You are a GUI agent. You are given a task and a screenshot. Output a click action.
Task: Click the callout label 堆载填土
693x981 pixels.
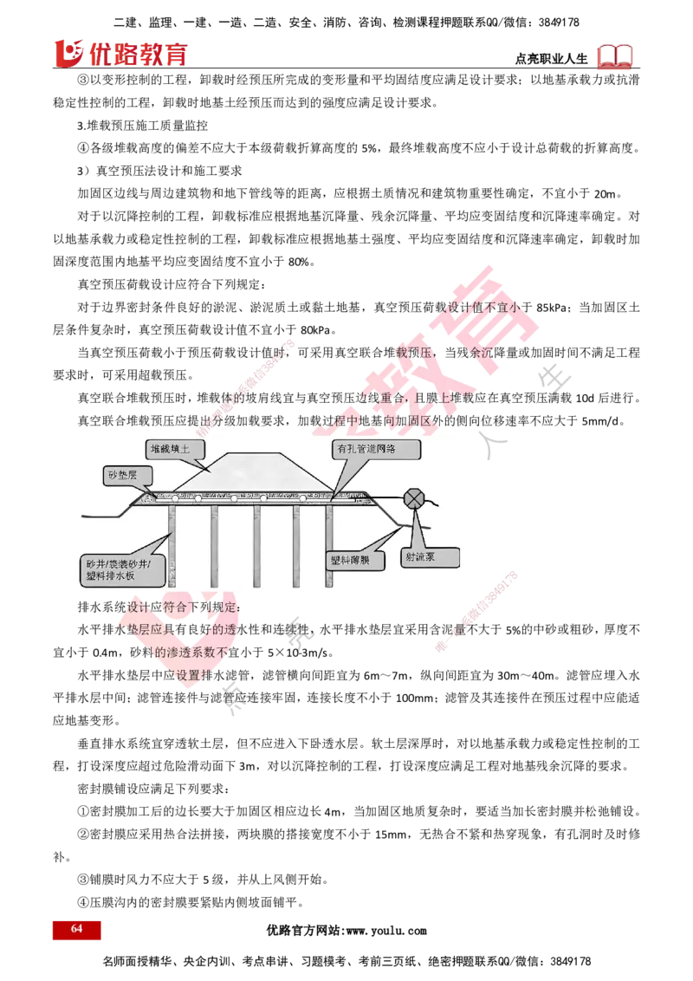176,449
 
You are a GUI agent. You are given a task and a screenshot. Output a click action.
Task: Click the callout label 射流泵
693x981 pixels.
430,558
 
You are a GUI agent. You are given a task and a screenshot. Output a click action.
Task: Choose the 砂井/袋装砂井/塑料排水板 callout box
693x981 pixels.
120,568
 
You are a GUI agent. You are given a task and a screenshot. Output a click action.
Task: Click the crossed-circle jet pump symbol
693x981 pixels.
415,497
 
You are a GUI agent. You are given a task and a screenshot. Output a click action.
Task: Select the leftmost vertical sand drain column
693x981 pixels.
172,546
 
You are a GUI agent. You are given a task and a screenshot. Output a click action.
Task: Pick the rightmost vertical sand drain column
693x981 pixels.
329,546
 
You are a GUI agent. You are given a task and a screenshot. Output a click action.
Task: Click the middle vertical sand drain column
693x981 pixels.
256,546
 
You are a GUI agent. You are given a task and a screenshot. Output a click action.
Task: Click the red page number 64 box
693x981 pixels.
76,929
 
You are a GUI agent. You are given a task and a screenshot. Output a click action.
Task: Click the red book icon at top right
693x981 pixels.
616,57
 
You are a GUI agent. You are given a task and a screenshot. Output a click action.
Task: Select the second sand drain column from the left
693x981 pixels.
214,546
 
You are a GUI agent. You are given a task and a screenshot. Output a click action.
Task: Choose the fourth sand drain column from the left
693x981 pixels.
296,546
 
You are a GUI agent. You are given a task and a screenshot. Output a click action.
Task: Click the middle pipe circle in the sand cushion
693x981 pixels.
262,497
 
